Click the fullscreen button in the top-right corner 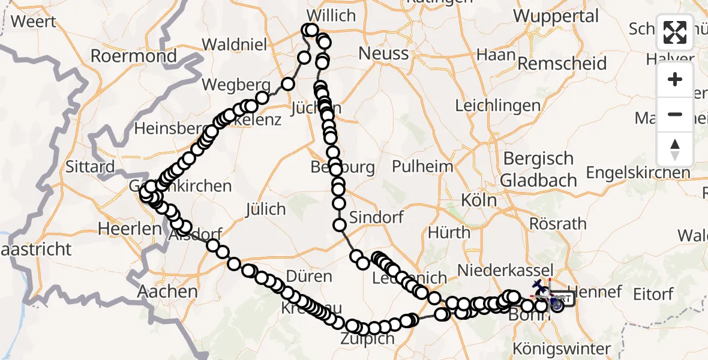pos(675,32)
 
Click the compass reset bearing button pos(675,149)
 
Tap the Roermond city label pos(133,56)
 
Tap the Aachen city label pos(167,292)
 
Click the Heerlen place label pos(122,229)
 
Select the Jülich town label pos(265,209)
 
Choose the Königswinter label pos(562,349)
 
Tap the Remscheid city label pos(562,64)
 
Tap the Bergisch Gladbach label pos(538,169)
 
